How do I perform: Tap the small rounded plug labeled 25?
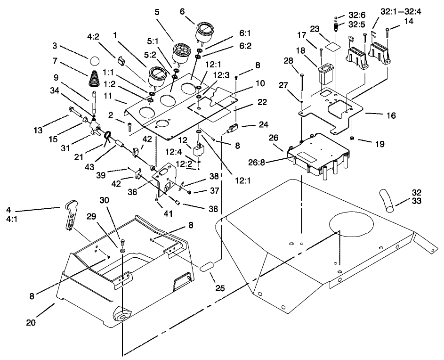(x=208, y=267)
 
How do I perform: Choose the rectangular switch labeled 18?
(x=325, y=74)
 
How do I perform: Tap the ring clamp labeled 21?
(x=108, y=137)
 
